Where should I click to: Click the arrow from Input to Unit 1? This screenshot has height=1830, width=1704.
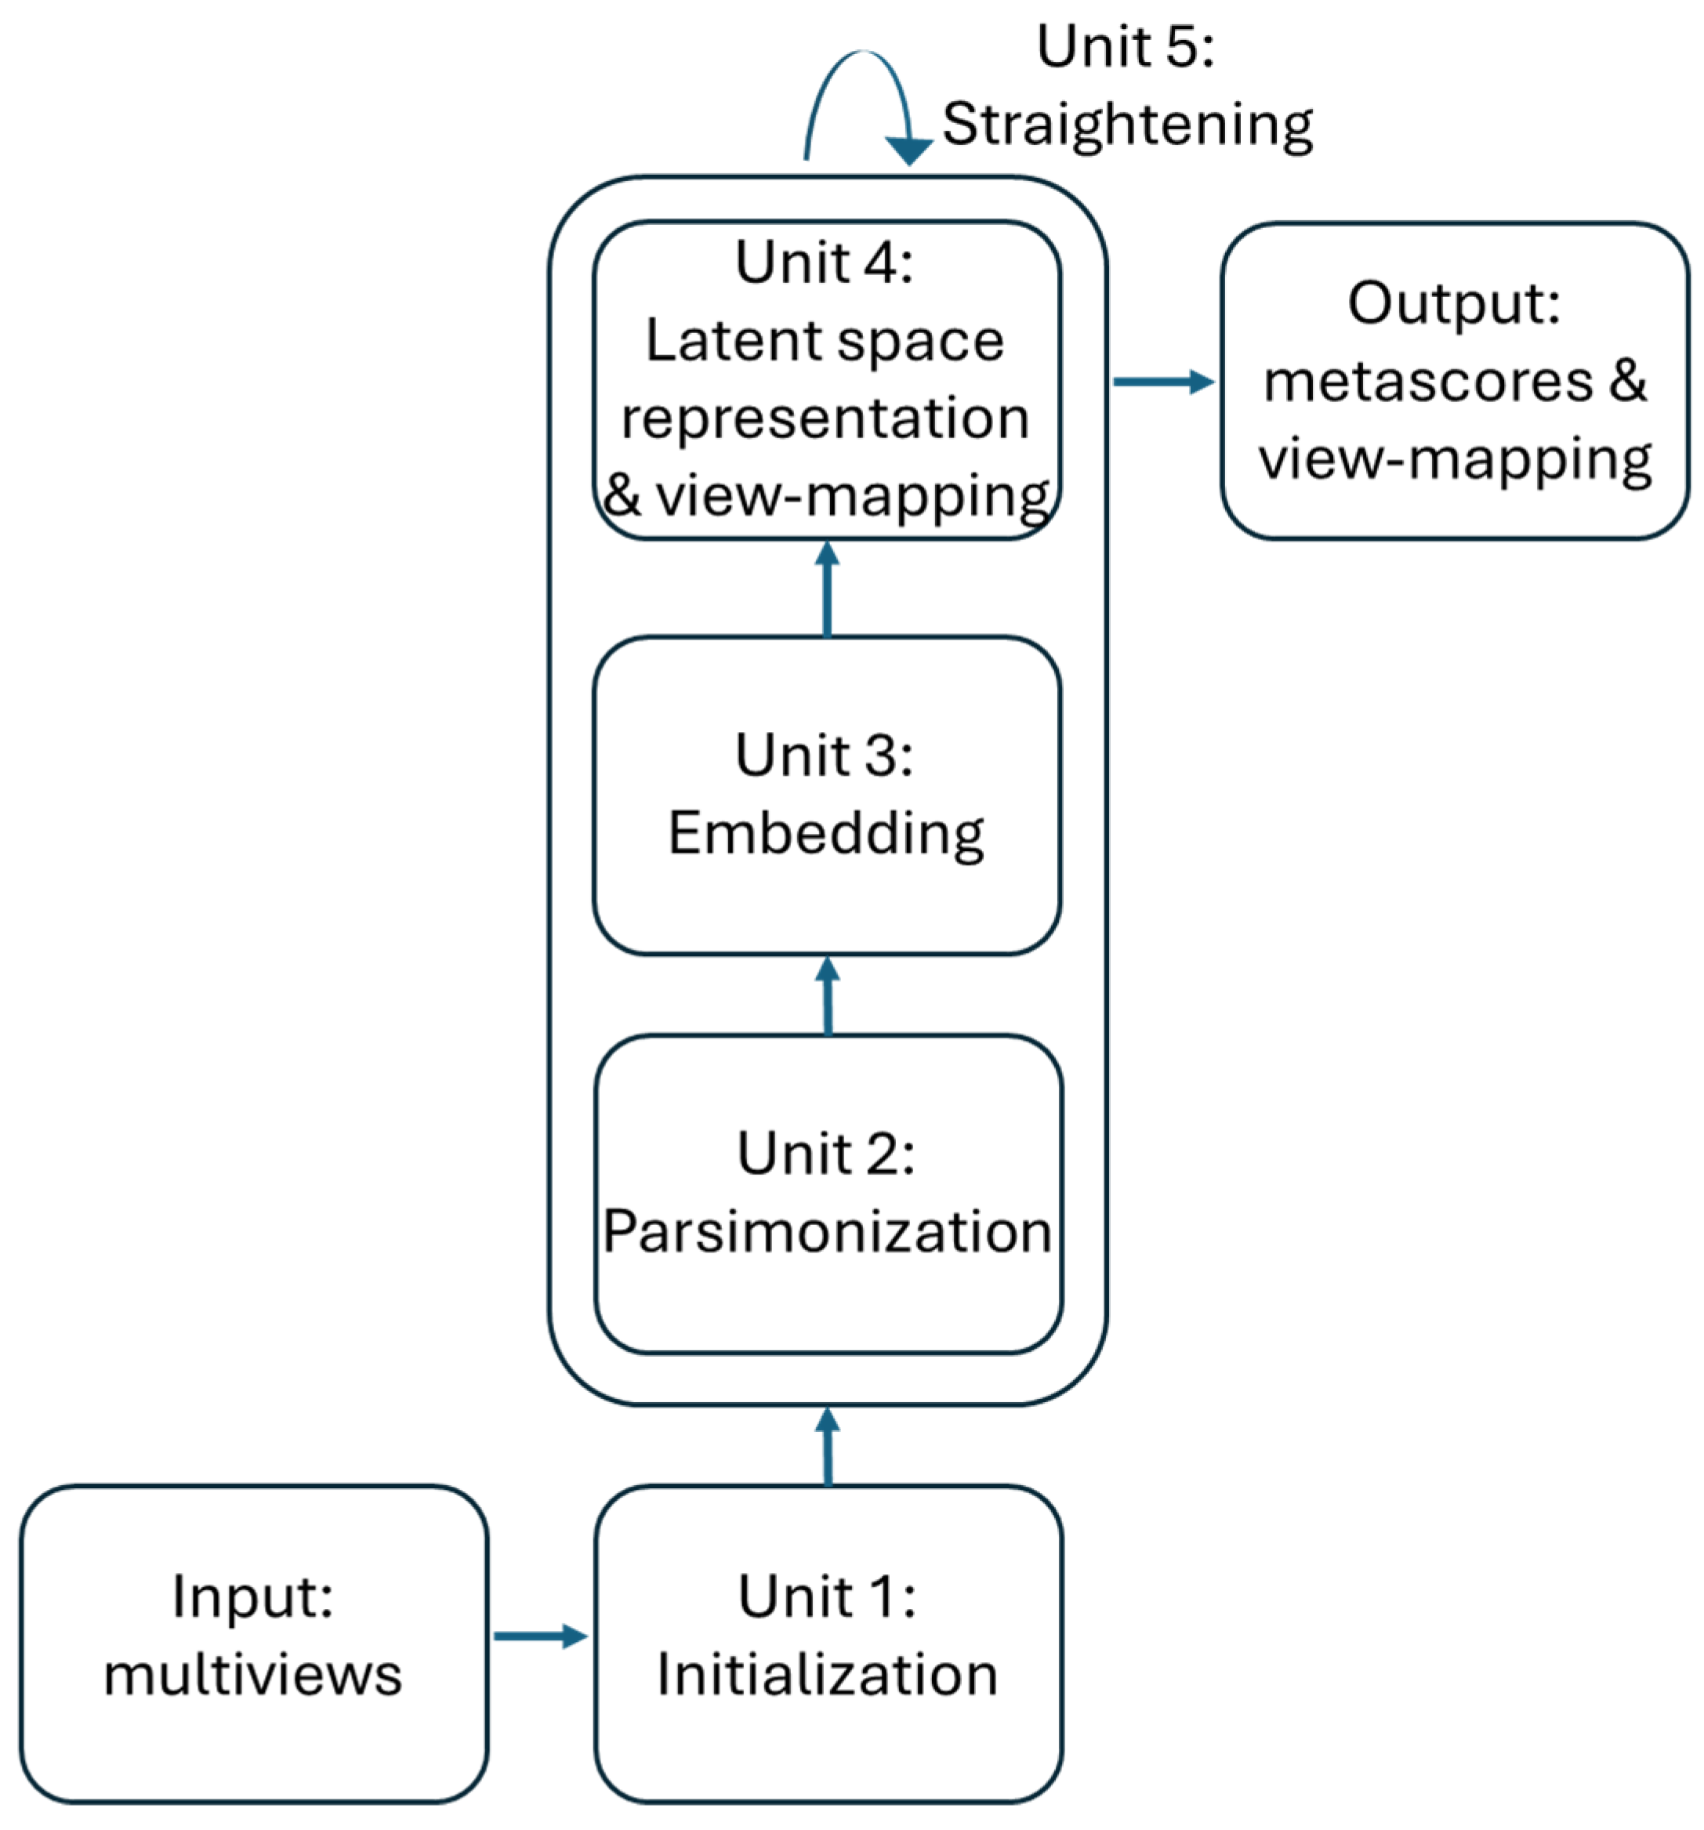click(538, 1635)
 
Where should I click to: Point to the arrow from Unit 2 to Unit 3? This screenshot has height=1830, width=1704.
click(827, 995)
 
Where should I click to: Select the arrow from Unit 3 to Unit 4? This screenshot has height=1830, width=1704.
click(826, 589)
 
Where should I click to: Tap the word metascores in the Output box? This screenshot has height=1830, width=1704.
click(1426, 381)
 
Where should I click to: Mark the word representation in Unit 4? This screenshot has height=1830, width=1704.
click(824, 418)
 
